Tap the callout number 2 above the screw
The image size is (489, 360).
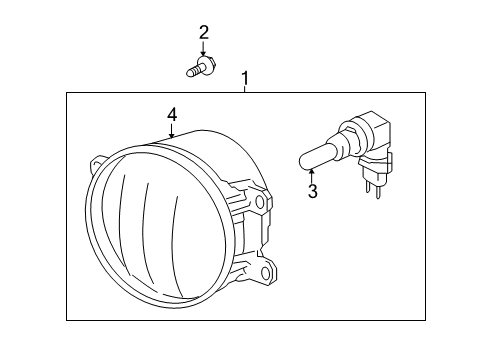point(203,33)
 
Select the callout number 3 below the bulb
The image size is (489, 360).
point(312,191)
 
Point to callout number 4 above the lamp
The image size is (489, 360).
point(172,116)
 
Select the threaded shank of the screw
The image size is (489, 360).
point(191,71)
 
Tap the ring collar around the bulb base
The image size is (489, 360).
point(345,139)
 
